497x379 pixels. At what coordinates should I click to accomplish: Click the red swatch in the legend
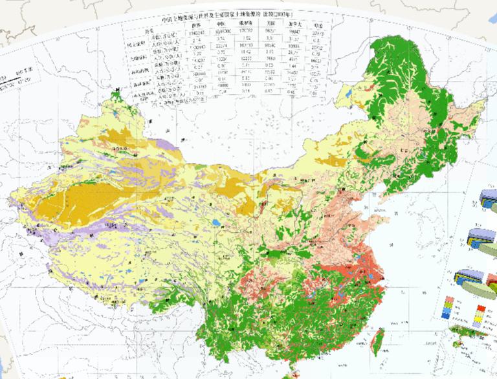pos(480,300)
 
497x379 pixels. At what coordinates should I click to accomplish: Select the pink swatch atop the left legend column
pos(448,300)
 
